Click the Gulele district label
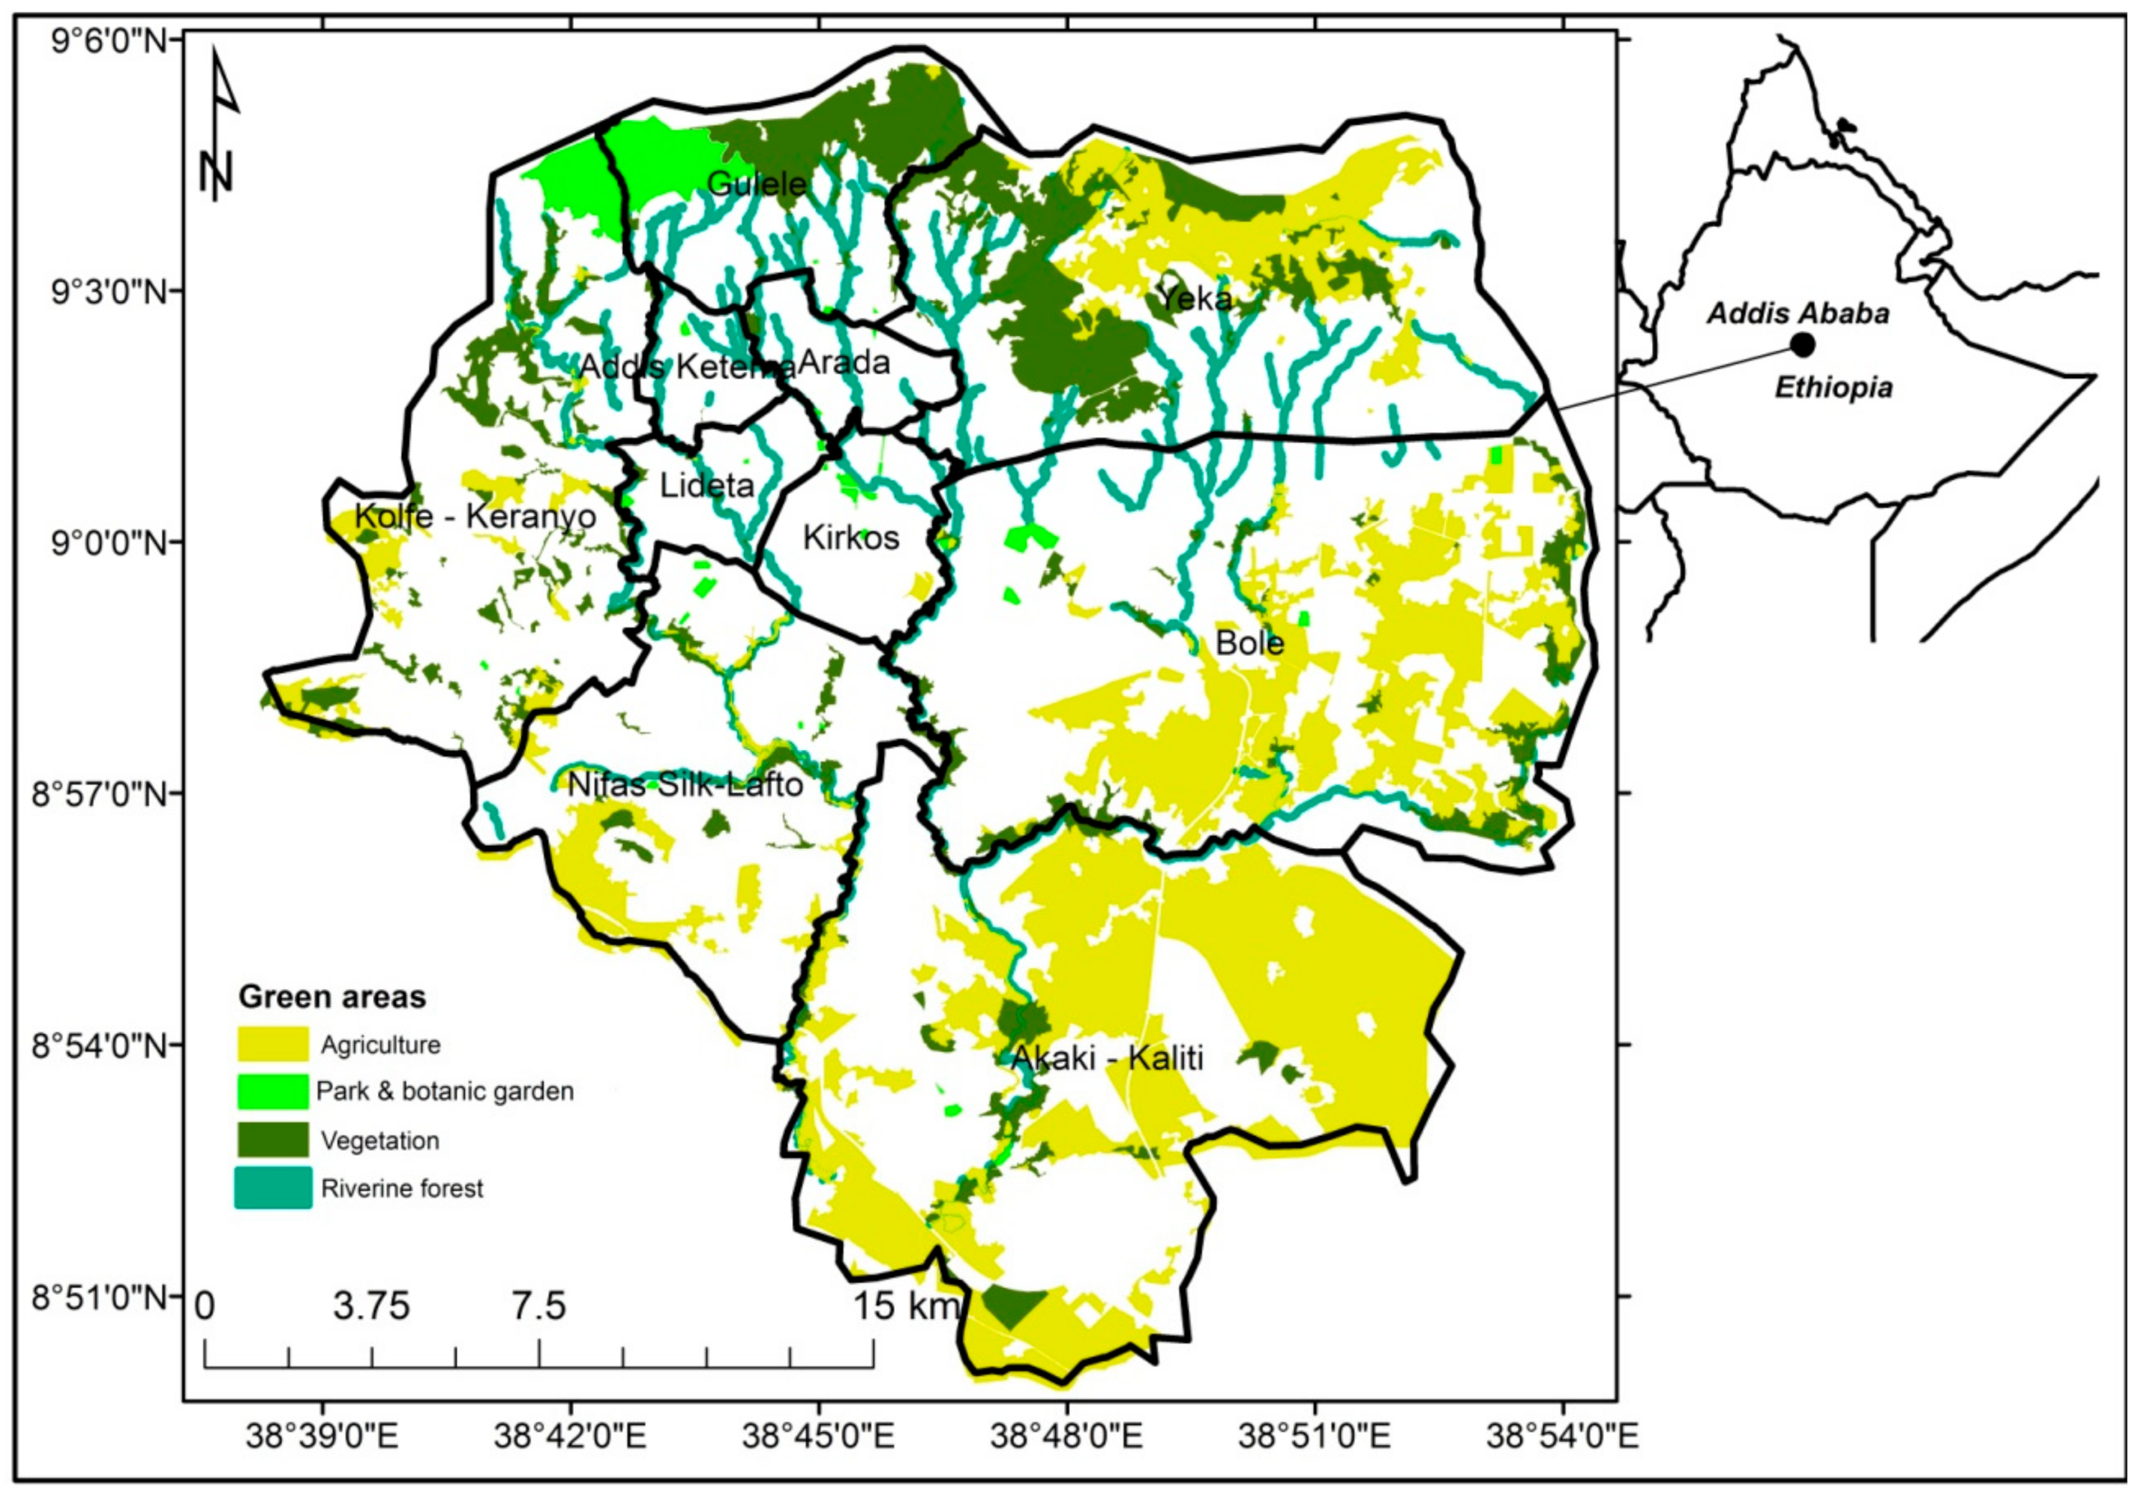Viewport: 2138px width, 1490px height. coord(756,184)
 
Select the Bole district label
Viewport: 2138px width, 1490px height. coord(1249,643)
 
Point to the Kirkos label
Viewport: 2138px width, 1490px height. coord(850,538)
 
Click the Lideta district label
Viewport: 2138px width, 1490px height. coord(706,485)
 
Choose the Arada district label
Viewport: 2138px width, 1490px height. coord(844,362)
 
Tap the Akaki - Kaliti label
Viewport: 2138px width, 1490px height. coord(1107,1058)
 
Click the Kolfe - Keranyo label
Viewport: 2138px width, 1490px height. coord(475,516)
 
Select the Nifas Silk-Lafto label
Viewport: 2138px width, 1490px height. coord(685,785)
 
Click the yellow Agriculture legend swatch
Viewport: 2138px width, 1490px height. coord(273,1044)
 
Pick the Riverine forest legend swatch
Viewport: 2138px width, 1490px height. coord(273,1189)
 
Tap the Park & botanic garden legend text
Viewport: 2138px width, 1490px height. coord(444,1091)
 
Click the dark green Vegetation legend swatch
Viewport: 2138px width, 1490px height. coord(273,1140)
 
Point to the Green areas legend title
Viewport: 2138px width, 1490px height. coord(331,997)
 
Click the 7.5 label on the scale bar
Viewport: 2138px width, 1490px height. coord(538,1306)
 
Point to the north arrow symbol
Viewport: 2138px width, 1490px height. coord(220,126)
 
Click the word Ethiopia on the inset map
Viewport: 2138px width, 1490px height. coord(1833,388)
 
